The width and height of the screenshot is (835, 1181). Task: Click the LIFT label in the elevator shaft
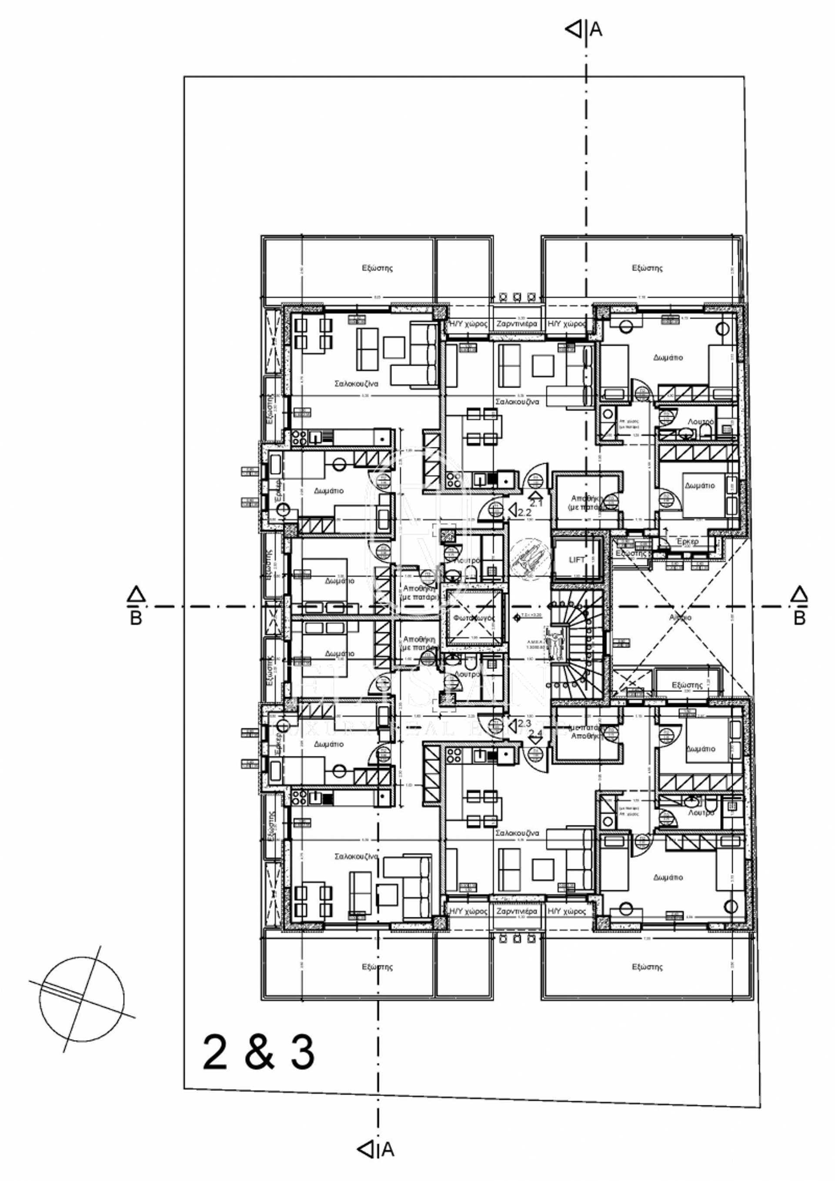click(x=576, y=560)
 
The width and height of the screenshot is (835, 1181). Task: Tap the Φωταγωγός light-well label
click(x=474, y=618)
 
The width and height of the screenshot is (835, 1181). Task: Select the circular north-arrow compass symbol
click(x=82, y=1000)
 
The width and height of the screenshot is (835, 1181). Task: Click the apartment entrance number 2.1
click(x=536, y=503)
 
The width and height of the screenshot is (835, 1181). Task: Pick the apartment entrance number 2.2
click(x=524, y=512)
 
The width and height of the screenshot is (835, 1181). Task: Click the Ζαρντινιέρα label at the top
click(x=516, y=324)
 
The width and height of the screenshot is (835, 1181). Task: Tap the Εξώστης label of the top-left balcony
click(x=377, y=268)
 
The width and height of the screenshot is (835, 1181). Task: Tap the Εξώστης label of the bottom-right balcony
click(x=647, y=966)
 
